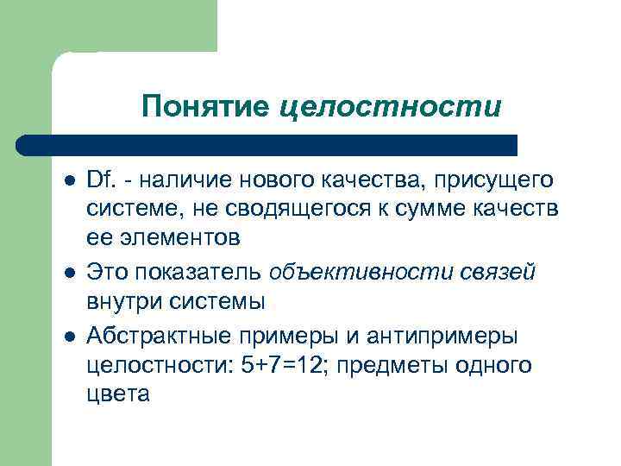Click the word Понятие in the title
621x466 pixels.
coord(207,107)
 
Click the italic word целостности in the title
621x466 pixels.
coord(390,107)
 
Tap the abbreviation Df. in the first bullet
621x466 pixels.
coord(100,181)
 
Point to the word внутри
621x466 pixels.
coord(121,304)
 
